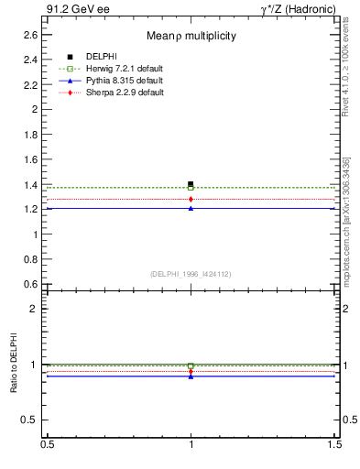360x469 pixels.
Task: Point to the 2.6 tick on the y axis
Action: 31,35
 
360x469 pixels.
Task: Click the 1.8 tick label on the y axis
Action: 31,134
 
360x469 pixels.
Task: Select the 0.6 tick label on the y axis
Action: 31,284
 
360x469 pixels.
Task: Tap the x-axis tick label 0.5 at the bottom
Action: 46,444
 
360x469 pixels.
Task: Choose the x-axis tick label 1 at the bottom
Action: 191,444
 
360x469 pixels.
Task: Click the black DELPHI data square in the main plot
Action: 191,184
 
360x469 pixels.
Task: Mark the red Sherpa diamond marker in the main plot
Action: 191,199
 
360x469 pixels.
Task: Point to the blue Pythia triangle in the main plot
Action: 191,208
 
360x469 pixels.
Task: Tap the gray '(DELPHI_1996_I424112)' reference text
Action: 191,273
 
